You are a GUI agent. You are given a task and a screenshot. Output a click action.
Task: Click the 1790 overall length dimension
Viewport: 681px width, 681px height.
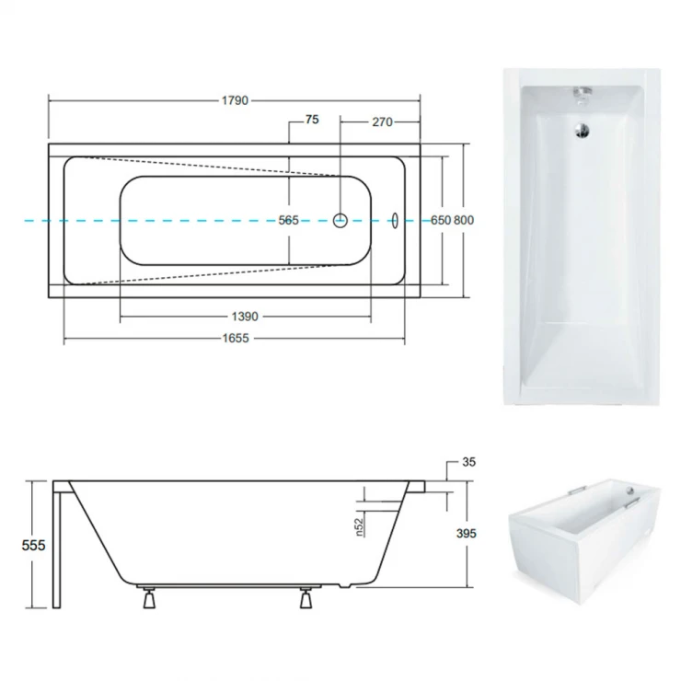click(x=235, y=100)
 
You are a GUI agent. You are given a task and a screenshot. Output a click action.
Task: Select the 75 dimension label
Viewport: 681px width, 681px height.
click(x=312, y=120)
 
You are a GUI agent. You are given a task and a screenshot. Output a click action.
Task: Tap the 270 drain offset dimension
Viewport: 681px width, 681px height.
click(x=382, y=122)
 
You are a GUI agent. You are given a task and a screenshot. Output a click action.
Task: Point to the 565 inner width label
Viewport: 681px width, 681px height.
click(x=288, y=221)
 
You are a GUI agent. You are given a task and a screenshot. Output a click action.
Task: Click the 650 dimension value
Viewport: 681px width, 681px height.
click(x=441, y=221)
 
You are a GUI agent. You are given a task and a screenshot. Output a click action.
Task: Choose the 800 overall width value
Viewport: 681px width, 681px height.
click(x=464, y=221)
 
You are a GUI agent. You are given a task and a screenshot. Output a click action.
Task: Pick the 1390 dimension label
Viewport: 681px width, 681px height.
click(x=245, y=317)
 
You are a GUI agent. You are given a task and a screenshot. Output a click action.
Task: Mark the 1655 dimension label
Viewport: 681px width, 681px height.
click(x=236, y=339)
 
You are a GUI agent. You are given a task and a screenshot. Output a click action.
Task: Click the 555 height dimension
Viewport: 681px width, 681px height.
click(x=33, y=545)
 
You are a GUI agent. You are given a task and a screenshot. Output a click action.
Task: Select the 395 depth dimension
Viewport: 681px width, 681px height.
click(x=467, y=534)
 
